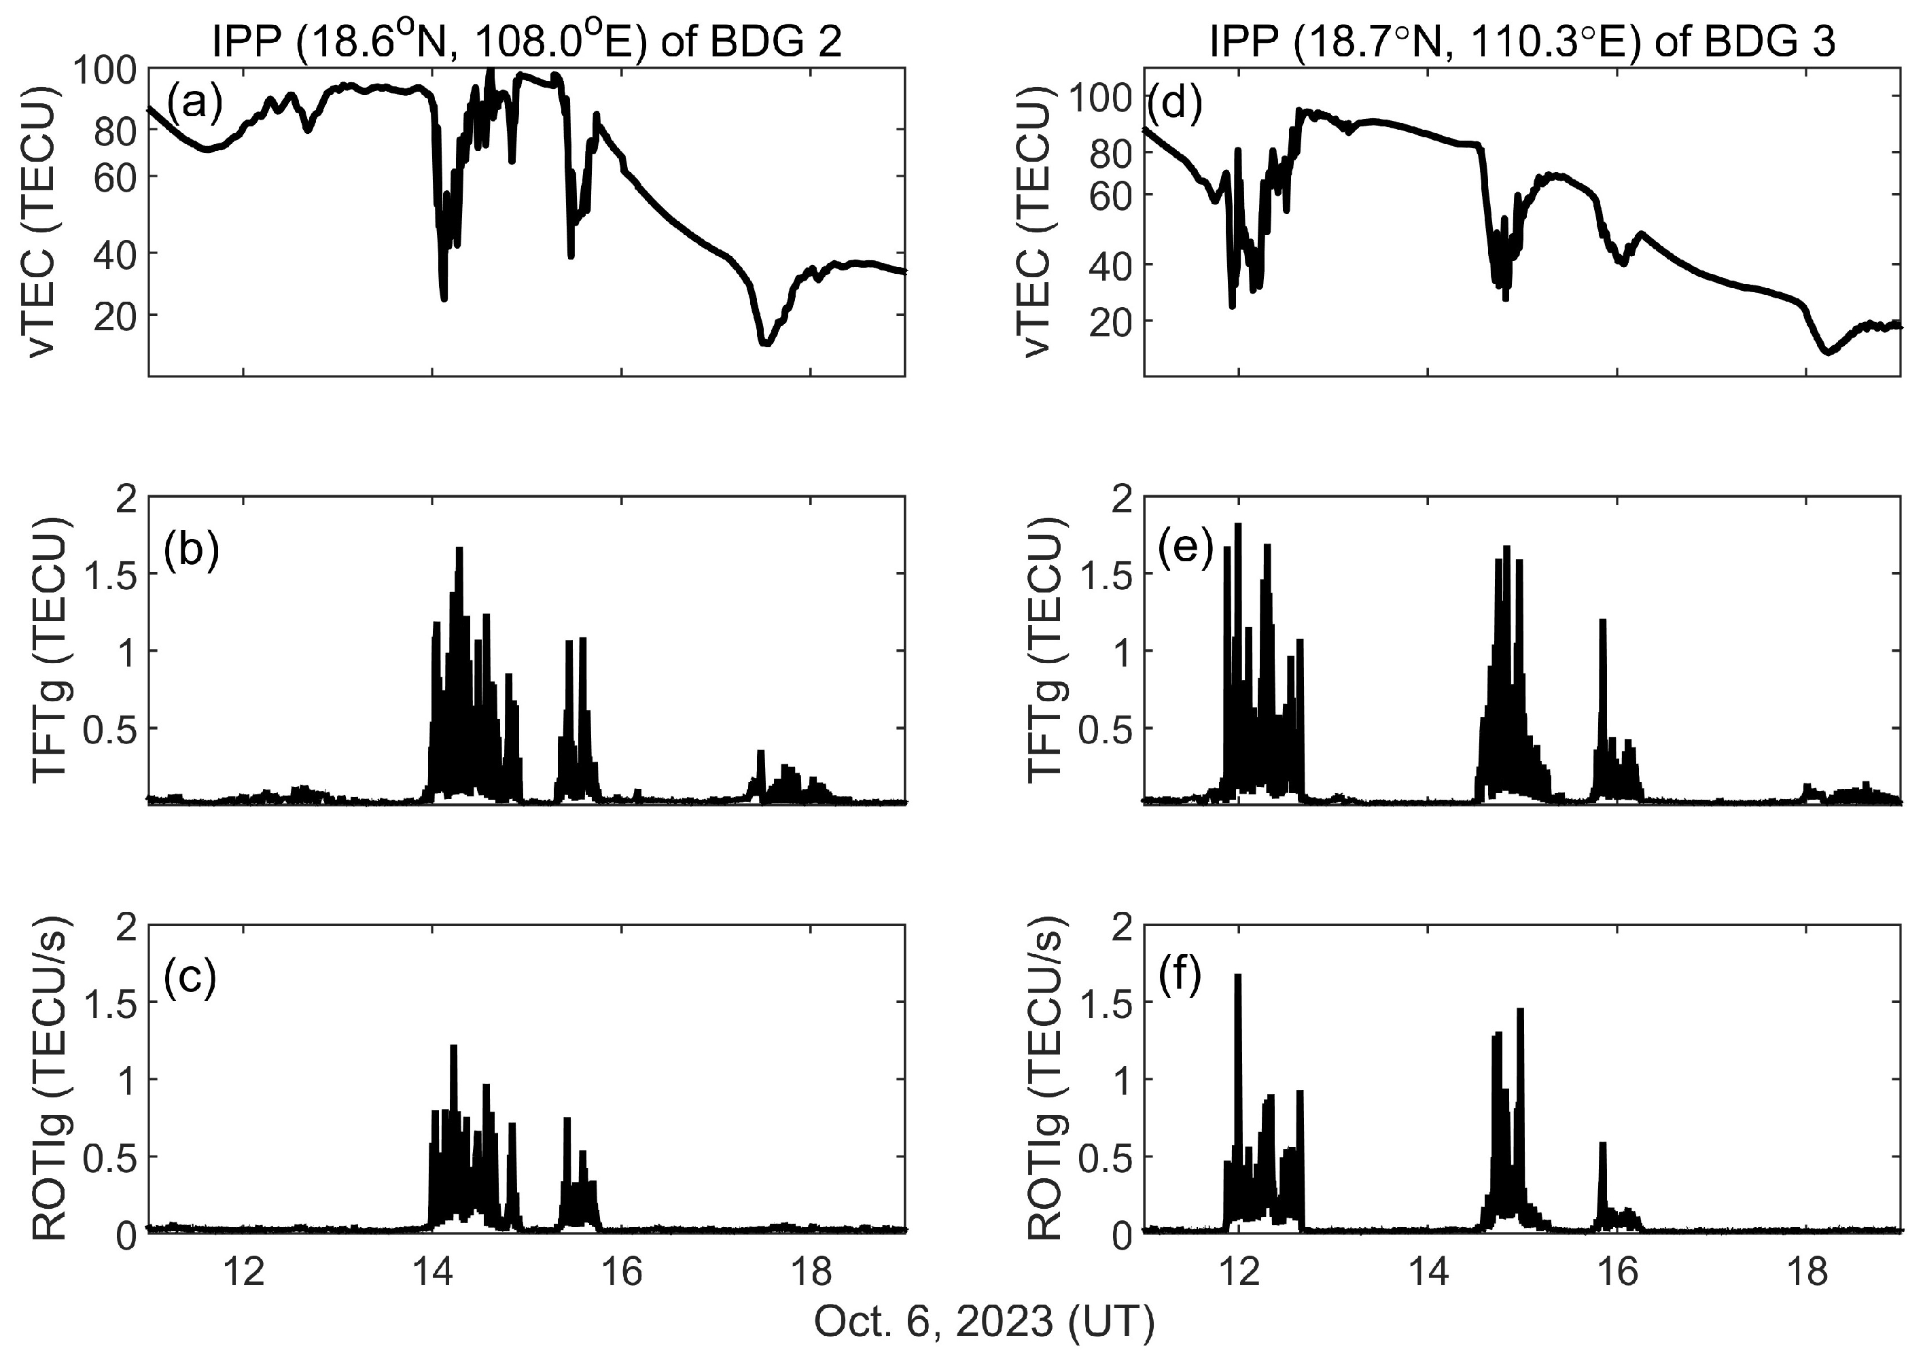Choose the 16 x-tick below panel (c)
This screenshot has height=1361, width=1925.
pyautogui.click(x=621, y=1272)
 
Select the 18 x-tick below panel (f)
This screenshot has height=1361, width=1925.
pyautogui.click(x=1807, y=1272)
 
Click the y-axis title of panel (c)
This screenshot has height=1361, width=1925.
pyautogui.click(x=52, y=1078)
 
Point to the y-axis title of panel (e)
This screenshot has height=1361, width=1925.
pyautogui.click(x=1046, y=650)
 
